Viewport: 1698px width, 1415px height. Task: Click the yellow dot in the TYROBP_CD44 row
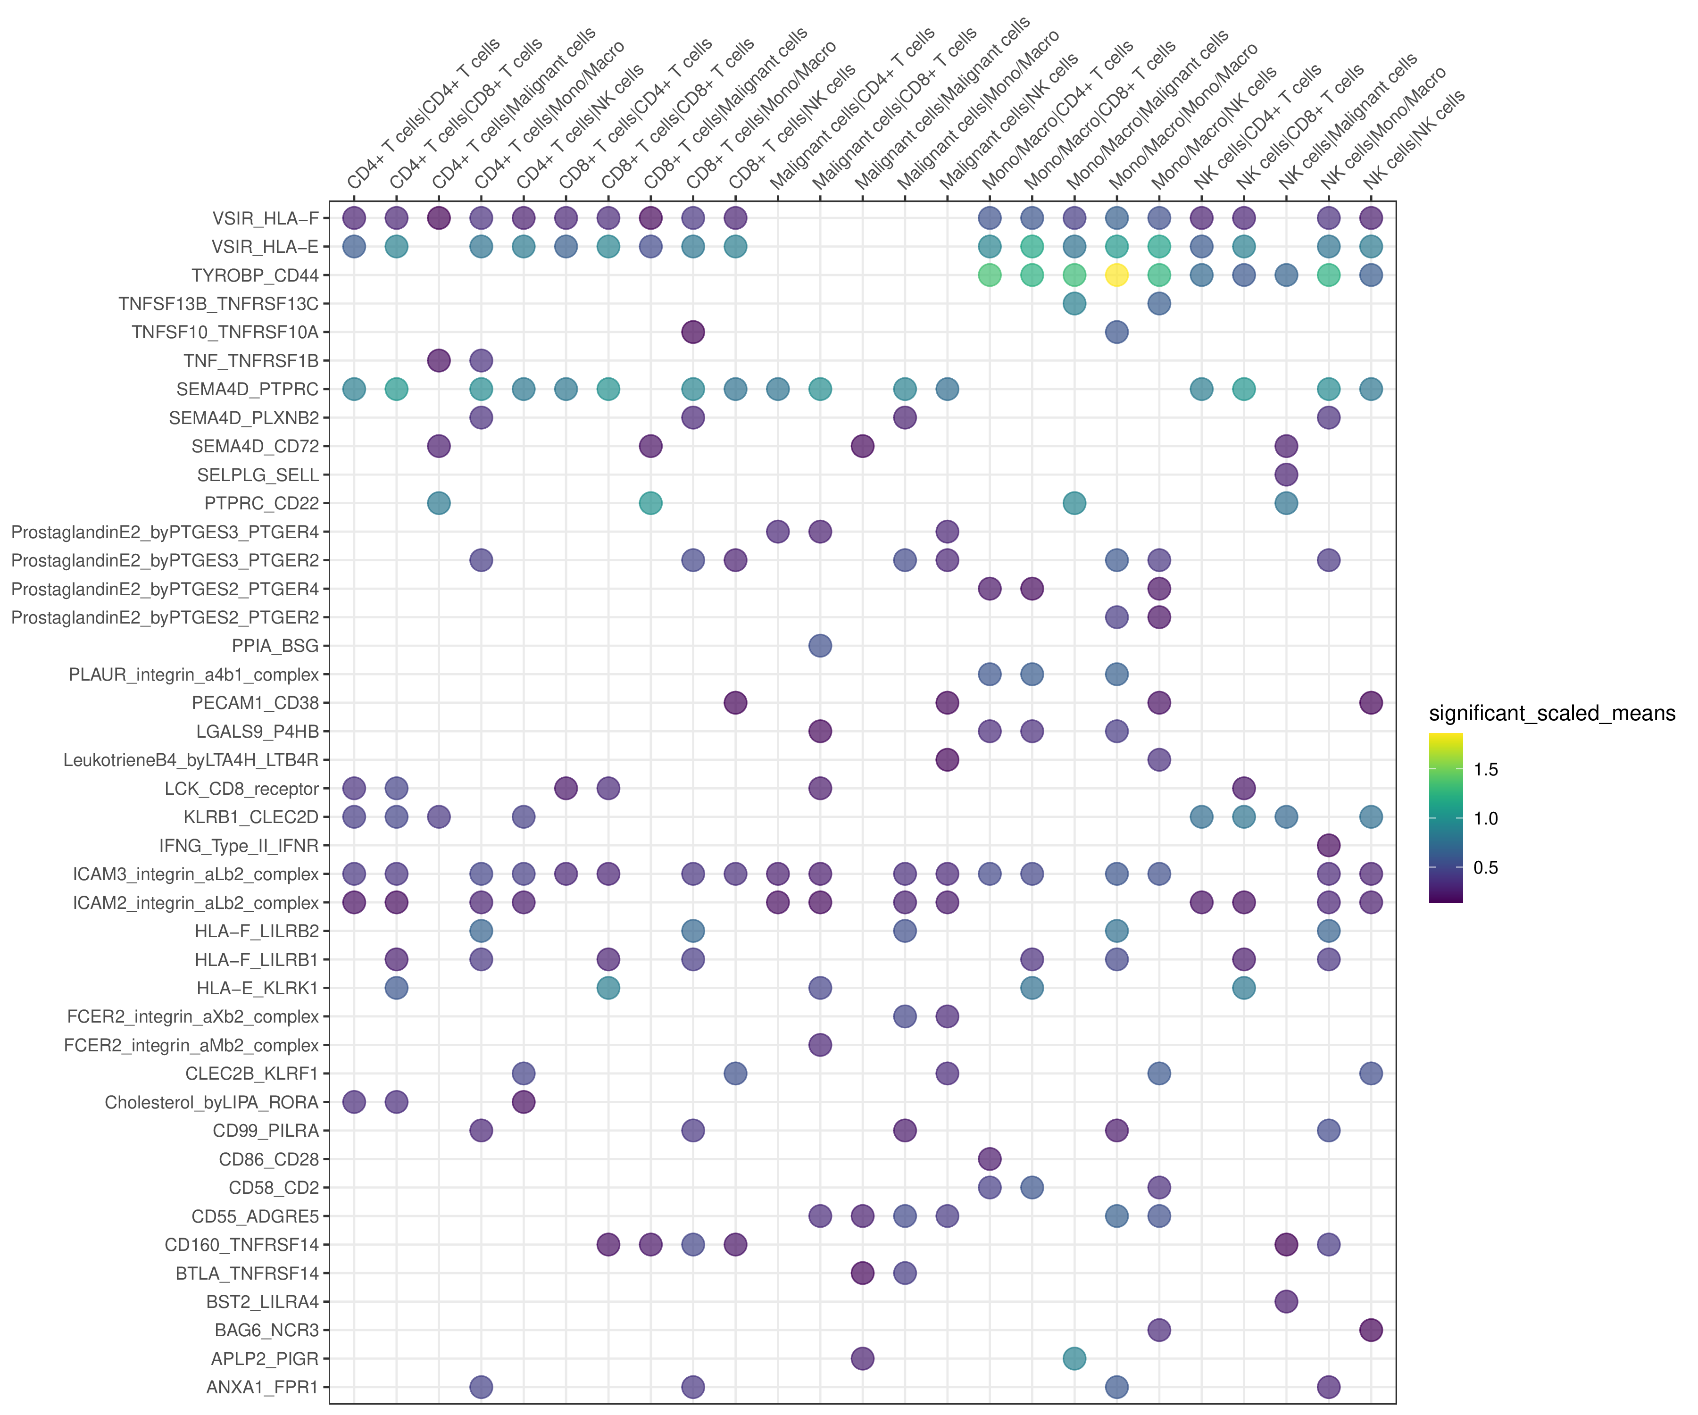click(x=1116, y=275)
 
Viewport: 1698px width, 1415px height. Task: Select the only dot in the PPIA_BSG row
click(x=820, y=645)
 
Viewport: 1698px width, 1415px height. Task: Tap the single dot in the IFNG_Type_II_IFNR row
click(x=1329, y=845)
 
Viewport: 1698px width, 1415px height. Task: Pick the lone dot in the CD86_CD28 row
click(x=990, y=1159)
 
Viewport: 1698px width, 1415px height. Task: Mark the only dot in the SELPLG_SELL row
click(x=1286, y=474)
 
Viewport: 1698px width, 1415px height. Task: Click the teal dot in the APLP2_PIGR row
click(x=1074, y=1358)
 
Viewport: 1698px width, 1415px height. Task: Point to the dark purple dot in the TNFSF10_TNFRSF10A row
click(x=693, y=332)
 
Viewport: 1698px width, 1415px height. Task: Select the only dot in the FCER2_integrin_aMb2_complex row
click(x=820, y=1045)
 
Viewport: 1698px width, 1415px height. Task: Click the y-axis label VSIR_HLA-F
click(x=265, y=218)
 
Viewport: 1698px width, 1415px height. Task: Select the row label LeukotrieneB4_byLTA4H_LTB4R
click(x=191, y=760)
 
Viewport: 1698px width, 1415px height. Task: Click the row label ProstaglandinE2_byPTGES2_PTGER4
click(x=165, y=589)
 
